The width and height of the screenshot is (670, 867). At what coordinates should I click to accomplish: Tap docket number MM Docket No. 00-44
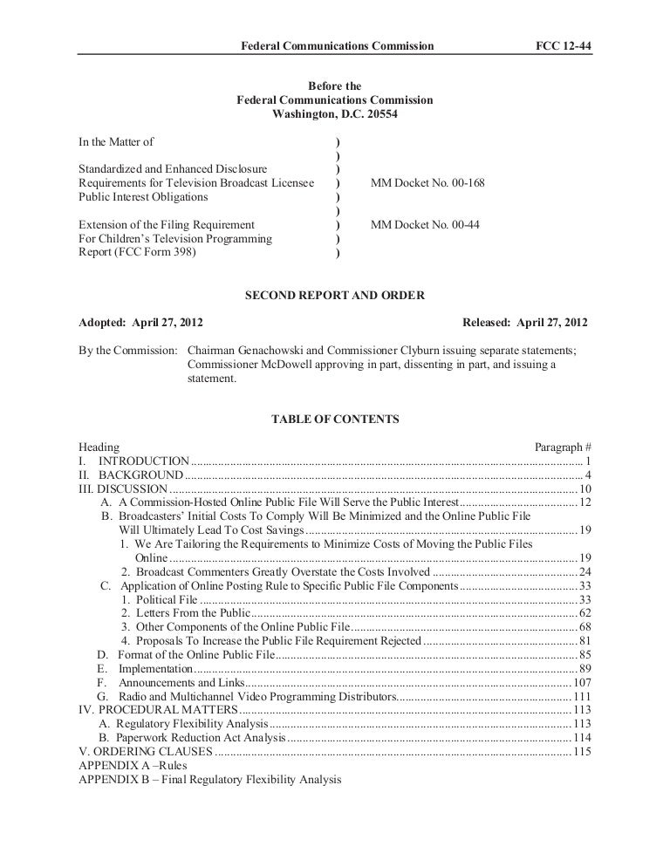click(425, 224)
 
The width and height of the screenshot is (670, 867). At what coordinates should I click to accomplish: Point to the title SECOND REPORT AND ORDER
click(335, 296)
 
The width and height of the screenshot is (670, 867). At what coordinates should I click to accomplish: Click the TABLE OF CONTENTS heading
click(335, 420)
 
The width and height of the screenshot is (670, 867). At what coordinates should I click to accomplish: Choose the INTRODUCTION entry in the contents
click(143, 461)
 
